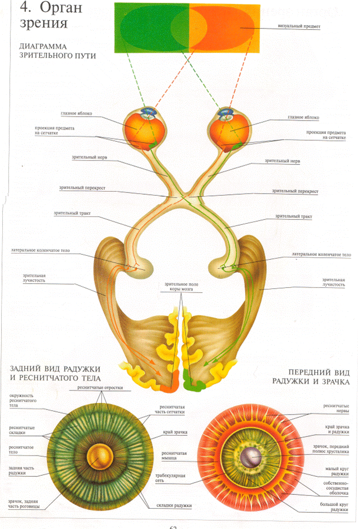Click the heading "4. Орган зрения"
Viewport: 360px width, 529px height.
point(44,17)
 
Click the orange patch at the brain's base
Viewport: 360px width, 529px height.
point(167,386)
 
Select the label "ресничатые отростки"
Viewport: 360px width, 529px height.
point(104,388)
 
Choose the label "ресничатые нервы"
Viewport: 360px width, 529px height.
point(335,408)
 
